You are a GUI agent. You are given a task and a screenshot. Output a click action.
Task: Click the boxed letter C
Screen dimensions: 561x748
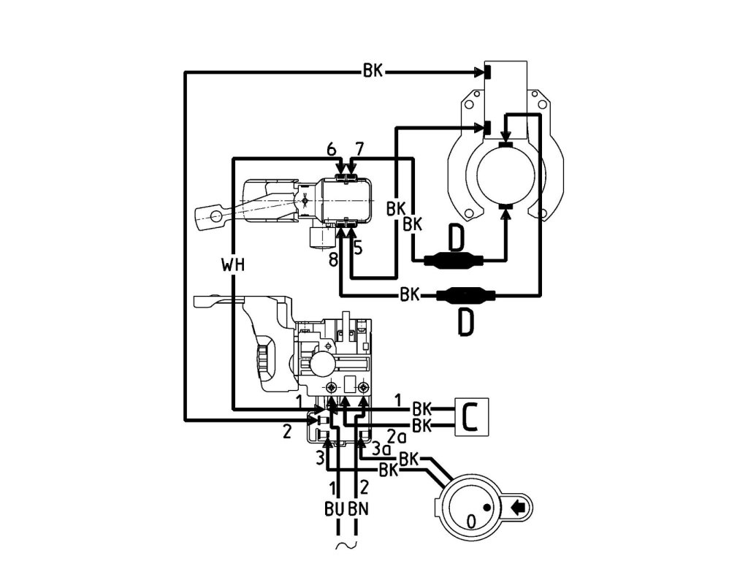point(471,416)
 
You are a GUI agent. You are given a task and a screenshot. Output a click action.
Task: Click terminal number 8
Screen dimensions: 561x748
point(334,259)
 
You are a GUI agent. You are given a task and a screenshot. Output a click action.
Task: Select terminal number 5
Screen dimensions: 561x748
point(358,248)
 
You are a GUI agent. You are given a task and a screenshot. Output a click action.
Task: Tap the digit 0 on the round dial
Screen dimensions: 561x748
point(472,520)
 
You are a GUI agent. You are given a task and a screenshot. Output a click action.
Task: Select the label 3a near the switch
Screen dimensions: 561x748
point(380,447)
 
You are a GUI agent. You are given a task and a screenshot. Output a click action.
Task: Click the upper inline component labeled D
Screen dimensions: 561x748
point(454,259)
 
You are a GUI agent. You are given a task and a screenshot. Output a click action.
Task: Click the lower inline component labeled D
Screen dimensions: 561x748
point(466,296)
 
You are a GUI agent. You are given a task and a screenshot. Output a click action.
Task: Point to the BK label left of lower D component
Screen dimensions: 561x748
point(409,296)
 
